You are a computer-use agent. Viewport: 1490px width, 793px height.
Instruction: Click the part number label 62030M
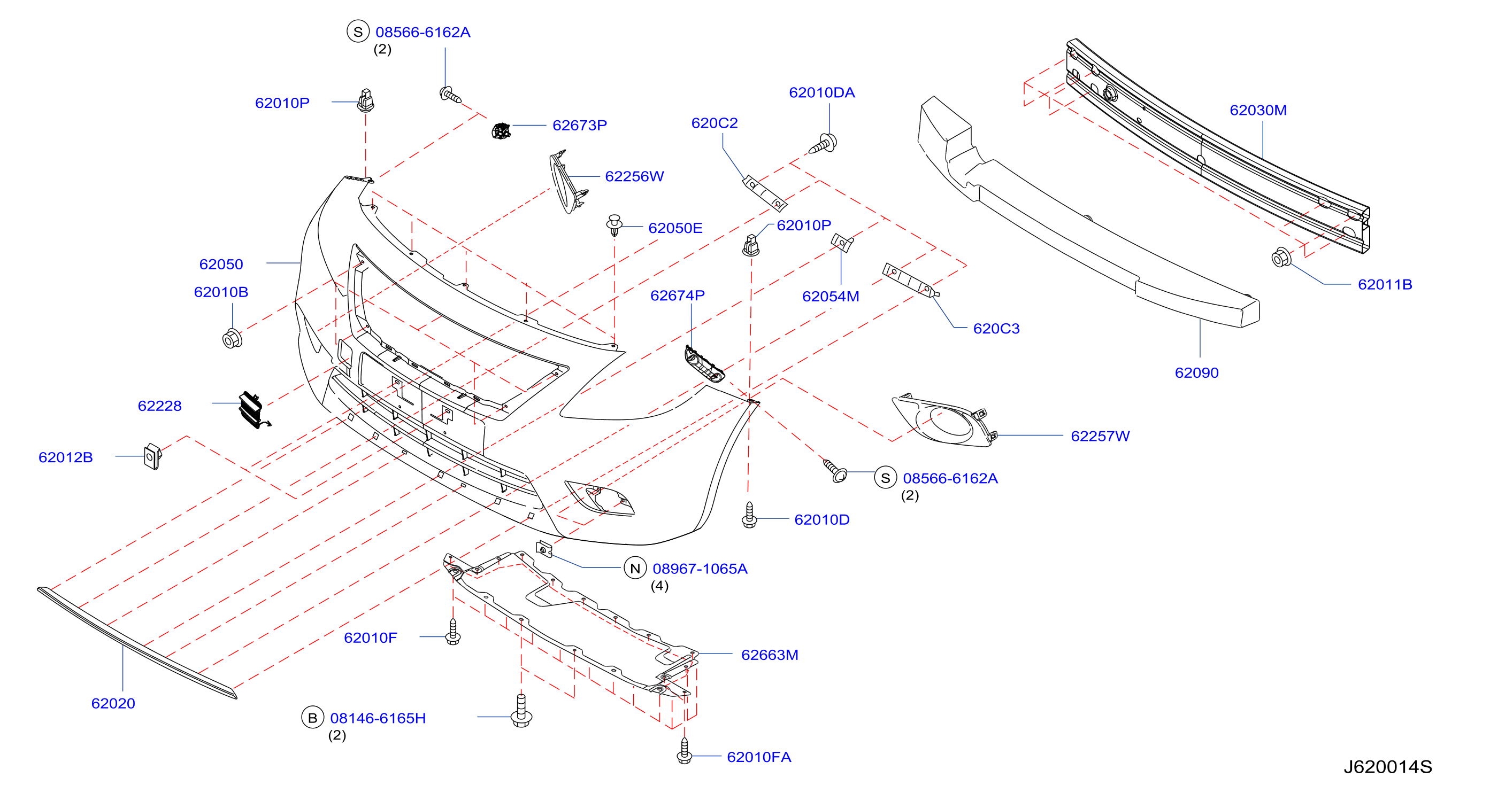tap(1257, 110)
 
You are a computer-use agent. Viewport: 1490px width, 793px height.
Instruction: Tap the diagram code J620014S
tap(1387, 766)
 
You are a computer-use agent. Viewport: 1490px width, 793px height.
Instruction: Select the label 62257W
tap(1100, 436)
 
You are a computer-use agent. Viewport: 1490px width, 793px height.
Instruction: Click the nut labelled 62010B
tap(232, 338)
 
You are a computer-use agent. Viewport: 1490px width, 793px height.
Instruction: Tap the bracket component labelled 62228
tap(254, 410)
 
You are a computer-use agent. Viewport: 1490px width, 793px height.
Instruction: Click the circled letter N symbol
tap(634, 568)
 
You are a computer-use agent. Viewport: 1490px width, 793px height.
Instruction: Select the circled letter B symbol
tap(312, 717)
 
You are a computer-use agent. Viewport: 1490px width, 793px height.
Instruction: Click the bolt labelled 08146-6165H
tap(521, 710)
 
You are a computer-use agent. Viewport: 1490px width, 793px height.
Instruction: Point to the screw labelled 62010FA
tap(684, 751)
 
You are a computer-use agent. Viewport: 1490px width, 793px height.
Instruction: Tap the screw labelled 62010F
tap(453, 632)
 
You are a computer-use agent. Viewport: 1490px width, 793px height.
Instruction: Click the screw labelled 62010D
tap(749, 515)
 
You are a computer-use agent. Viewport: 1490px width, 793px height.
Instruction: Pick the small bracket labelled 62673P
tap(501, 131)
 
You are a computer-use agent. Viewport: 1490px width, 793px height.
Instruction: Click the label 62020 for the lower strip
tap(113, 703)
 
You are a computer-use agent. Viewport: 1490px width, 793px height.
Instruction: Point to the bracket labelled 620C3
tap(910, 281)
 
